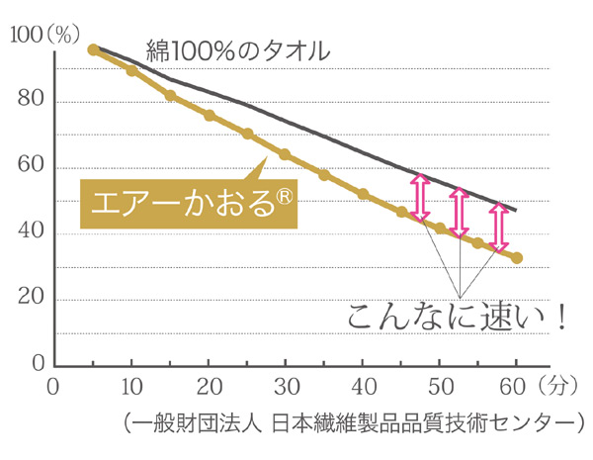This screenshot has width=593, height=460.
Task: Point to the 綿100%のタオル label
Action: (x=237, y=49)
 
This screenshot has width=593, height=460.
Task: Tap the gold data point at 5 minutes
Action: (x=93, y=49)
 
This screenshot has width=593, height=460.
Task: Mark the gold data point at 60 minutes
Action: (x=517, y=258)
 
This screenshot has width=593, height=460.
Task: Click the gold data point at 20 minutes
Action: (x=210, y=116)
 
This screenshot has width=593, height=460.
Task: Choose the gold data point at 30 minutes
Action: (x=285, y=154)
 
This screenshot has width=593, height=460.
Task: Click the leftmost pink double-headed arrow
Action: (x=420, y=199)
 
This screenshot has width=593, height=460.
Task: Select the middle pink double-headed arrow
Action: (x=458, y=213)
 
